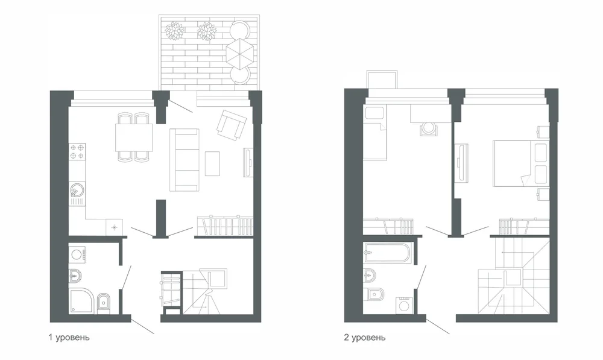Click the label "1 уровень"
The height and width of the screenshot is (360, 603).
(69, 338)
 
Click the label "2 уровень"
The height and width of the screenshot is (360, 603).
(365, 338)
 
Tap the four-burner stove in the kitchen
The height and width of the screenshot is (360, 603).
(77, 151)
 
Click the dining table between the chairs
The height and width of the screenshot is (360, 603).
(134, 137)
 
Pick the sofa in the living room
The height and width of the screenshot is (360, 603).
(185, 160)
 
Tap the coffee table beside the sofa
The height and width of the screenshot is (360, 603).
(212, 163)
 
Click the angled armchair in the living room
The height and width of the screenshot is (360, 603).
(232, 125)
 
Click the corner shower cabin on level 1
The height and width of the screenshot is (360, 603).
(81, 301)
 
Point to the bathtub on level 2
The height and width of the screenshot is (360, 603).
(388, 252)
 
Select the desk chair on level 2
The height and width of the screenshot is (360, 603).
(428, 128)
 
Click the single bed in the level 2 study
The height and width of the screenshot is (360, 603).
(375, 133)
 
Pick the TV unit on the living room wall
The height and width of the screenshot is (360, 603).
(248, 163)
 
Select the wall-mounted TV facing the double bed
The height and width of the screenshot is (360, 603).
(461, 162)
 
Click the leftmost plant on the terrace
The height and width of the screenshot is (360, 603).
(174, 31)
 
